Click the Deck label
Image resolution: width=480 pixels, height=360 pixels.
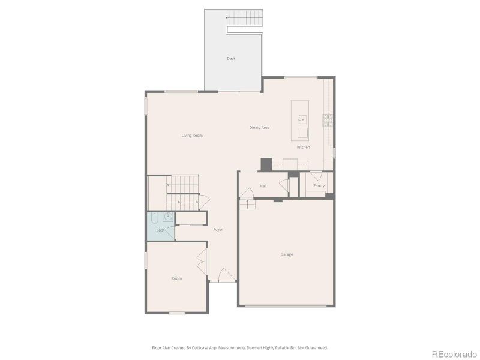pos(231,58)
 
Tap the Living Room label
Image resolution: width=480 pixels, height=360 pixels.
pos(192,136)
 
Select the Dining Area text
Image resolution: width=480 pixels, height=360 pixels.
pos(259,128)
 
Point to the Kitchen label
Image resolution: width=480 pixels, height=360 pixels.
pos(303,147)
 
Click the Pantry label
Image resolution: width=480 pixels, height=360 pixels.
pos(319,185)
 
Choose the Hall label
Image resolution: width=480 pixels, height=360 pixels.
pos(263,186)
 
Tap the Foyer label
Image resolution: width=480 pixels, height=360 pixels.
pos(218,229)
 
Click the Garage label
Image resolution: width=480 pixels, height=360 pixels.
pos(287,254)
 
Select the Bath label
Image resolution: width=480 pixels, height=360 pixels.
pos(160,230)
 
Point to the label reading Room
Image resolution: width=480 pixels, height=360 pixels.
pos(176,278)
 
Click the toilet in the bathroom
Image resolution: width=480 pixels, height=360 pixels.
pos(155,217)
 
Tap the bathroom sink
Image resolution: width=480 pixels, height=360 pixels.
pos(169,217)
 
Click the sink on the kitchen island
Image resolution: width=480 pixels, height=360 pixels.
pos(301,120)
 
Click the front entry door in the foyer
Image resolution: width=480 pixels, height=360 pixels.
pos(226,275)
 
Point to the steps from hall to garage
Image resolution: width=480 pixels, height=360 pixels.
pos(247,205)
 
